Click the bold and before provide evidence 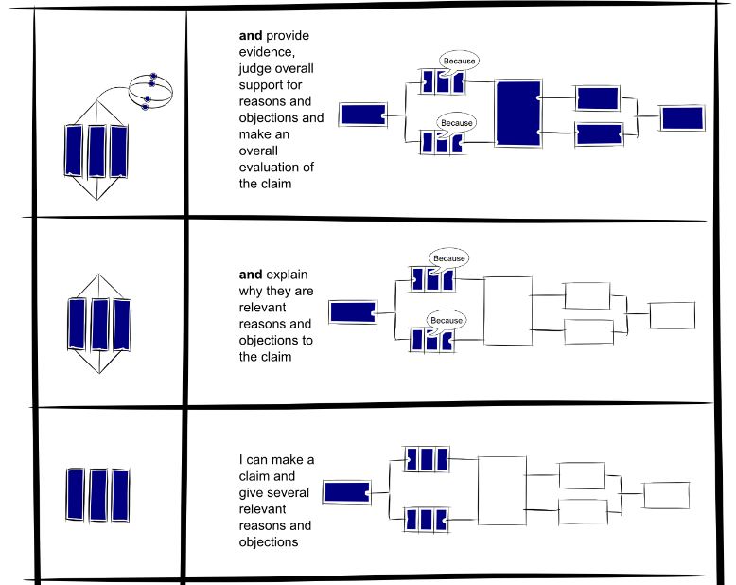[251, 36]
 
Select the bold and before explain [251, 275]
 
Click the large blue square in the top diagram [517, 114]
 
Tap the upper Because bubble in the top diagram [459, 62]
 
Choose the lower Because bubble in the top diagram [456, 123]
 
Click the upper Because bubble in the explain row [448, 258]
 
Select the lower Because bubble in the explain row [447, 320]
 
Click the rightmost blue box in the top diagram [682, 117]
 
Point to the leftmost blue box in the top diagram [361, 115]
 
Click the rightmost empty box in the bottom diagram [668, 495]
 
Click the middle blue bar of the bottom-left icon [97, 493]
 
